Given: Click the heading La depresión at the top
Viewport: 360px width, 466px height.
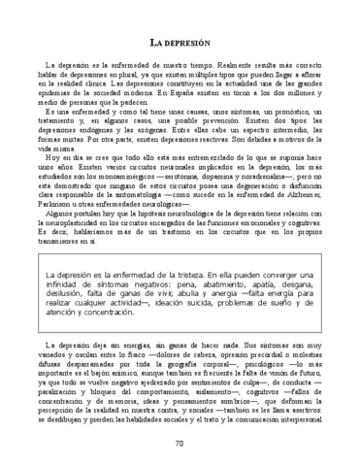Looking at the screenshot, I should click(180, 46).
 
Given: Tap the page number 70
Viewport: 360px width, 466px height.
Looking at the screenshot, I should click(180, 444).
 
